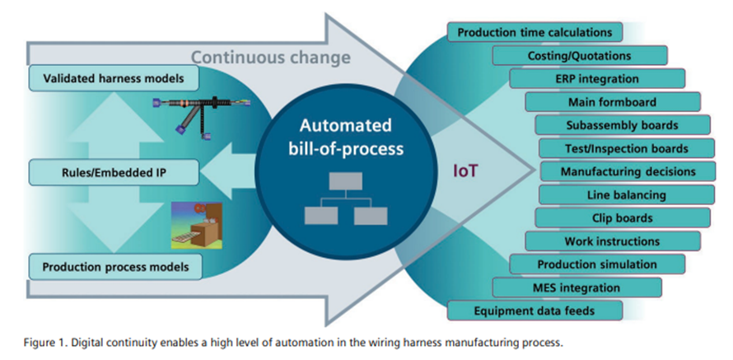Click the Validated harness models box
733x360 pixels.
[114, 78]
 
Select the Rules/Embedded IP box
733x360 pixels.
[114, 172]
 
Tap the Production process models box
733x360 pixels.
[115, 267]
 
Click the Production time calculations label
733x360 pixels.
[535, 32]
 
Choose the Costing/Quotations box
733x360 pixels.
[580, 56]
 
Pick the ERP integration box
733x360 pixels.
[597, 78]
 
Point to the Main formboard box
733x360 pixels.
[613, 101]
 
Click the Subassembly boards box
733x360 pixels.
[623, 125]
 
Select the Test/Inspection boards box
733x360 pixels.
[627, 147]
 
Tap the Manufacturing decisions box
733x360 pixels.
[628, 171]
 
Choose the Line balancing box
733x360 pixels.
[627, 194]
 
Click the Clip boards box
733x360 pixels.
[623, 217]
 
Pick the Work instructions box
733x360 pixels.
[613, 241]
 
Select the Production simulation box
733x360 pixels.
[597, 264]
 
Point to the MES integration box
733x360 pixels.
[577, 287]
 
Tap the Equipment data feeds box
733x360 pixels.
[535, 311]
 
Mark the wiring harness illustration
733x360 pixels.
[201, 117]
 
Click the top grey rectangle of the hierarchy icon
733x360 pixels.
[345, 181]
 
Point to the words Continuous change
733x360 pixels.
[271, 57]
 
